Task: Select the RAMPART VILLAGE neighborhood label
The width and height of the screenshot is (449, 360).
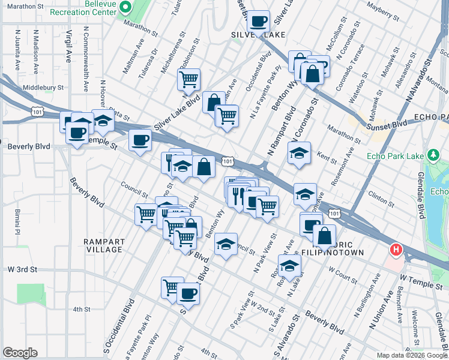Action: click(104, 245)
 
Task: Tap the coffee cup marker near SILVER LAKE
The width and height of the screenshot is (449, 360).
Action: click(259, 22)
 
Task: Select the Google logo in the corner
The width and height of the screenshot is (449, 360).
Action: click(20, 353)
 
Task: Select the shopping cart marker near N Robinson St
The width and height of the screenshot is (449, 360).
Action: click(188, 79)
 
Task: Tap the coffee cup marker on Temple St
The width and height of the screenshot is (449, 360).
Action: click(139, 141)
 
